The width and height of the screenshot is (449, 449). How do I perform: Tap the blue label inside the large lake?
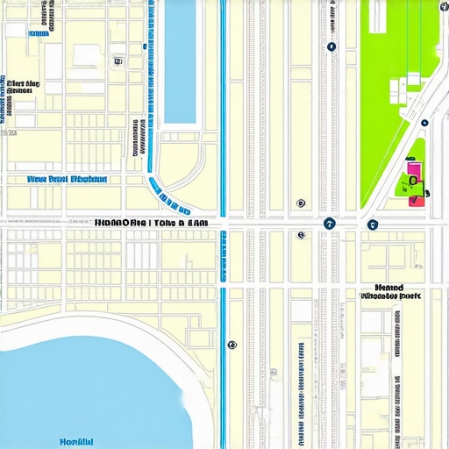(x=76, y=441)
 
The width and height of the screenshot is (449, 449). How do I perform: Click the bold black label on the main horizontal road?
(x=151, y=224)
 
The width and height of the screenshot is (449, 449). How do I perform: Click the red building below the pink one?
(x=417, y=200)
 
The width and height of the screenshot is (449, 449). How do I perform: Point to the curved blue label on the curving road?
(x=168, y=196)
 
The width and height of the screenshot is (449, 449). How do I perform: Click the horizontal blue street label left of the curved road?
(x=68, y=179)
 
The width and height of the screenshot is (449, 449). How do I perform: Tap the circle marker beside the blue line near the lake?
(x=232, y=345)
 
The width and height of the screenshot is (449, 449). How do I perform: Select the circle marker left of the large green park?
(x=331, y=46)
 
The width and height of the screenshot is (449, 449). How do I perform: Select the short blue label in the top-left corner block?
(x=39, y=33)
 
